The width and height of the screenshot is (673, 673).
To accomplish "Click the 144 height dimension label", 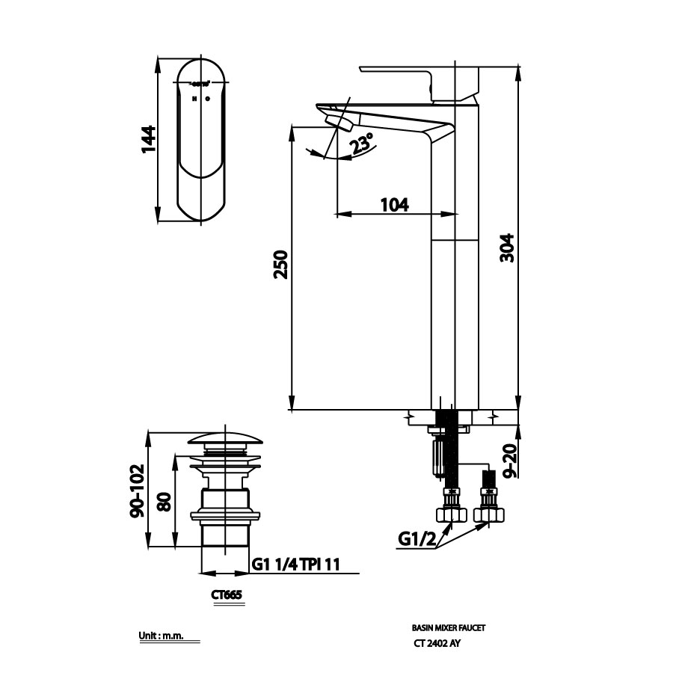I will [149, 139].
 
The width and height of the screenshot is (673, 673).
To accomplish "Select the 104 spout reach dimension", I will [394, 203].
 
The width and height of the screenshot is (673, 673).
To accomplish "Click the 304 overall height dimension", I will [506, 247].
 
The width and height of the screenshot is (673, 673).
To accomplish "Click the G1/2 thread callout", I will [416, 538].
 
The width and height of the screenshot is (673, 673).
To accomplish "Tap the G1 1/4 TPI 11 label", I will [295, 565].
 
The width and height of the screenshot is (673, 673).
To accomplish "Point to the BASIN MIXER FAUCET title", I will [453, 629].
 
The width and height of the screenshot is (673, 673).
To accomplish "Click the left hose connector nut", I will [451, 514].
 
